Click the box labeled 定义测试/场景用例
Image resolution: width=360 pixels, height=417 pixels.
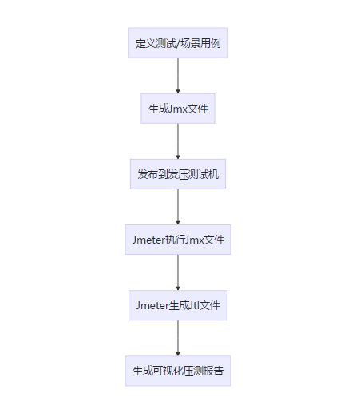(x=178, y=43)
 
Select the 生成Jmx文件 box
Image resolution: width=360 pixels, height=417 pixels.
(x=178, y=109)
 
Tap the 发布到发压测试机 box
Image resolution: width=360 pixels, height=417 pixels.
(x=178, y=174)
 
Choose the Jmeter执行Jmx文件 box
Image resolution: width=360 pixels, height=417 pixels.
(x=178, y=240)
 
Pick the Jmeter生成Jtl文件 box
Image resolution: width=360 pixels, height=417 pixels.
(x=178, y=305)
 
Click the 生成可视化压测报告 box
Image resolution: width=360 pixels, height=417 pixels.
(x=178, y=371)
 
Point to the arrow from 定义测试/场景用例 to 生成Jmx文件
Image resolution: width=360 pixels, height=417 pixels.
(x=178, y=76)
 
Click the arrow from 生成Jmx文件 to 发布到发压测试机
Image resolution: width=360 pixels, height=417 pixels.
(x=178, y=141)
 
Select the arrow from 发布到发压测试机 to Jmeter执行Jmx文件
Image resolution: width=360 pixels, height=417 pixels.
(x=178, y=207)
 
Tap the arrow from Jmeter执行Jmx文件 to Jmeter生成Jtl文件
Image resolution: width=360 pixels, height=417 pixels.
(x=178, y=272)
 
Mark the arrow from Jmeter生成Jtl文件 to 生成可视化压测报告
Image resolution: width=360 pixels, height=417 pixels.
(x=178, y=338)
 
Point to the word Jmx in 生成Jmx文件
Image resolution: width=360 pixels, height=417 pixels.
(x=178, y=109)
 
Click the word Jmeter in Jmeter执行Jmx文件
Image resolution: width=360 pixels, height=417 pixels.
(x=148, y=240)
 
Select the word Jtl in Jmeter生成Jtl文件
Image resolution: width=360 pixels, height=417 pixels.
(x=194, y=305)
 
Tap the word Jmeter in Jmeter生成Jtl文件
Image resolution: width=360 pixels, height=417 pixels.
(x=152, y=305)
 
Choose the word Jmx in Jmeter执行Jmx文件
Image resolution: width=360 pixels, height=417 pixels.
(x=195, y=240)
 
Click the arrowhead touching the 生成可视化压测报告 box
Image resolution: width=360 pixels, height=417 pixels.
(x=178, y=354)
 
